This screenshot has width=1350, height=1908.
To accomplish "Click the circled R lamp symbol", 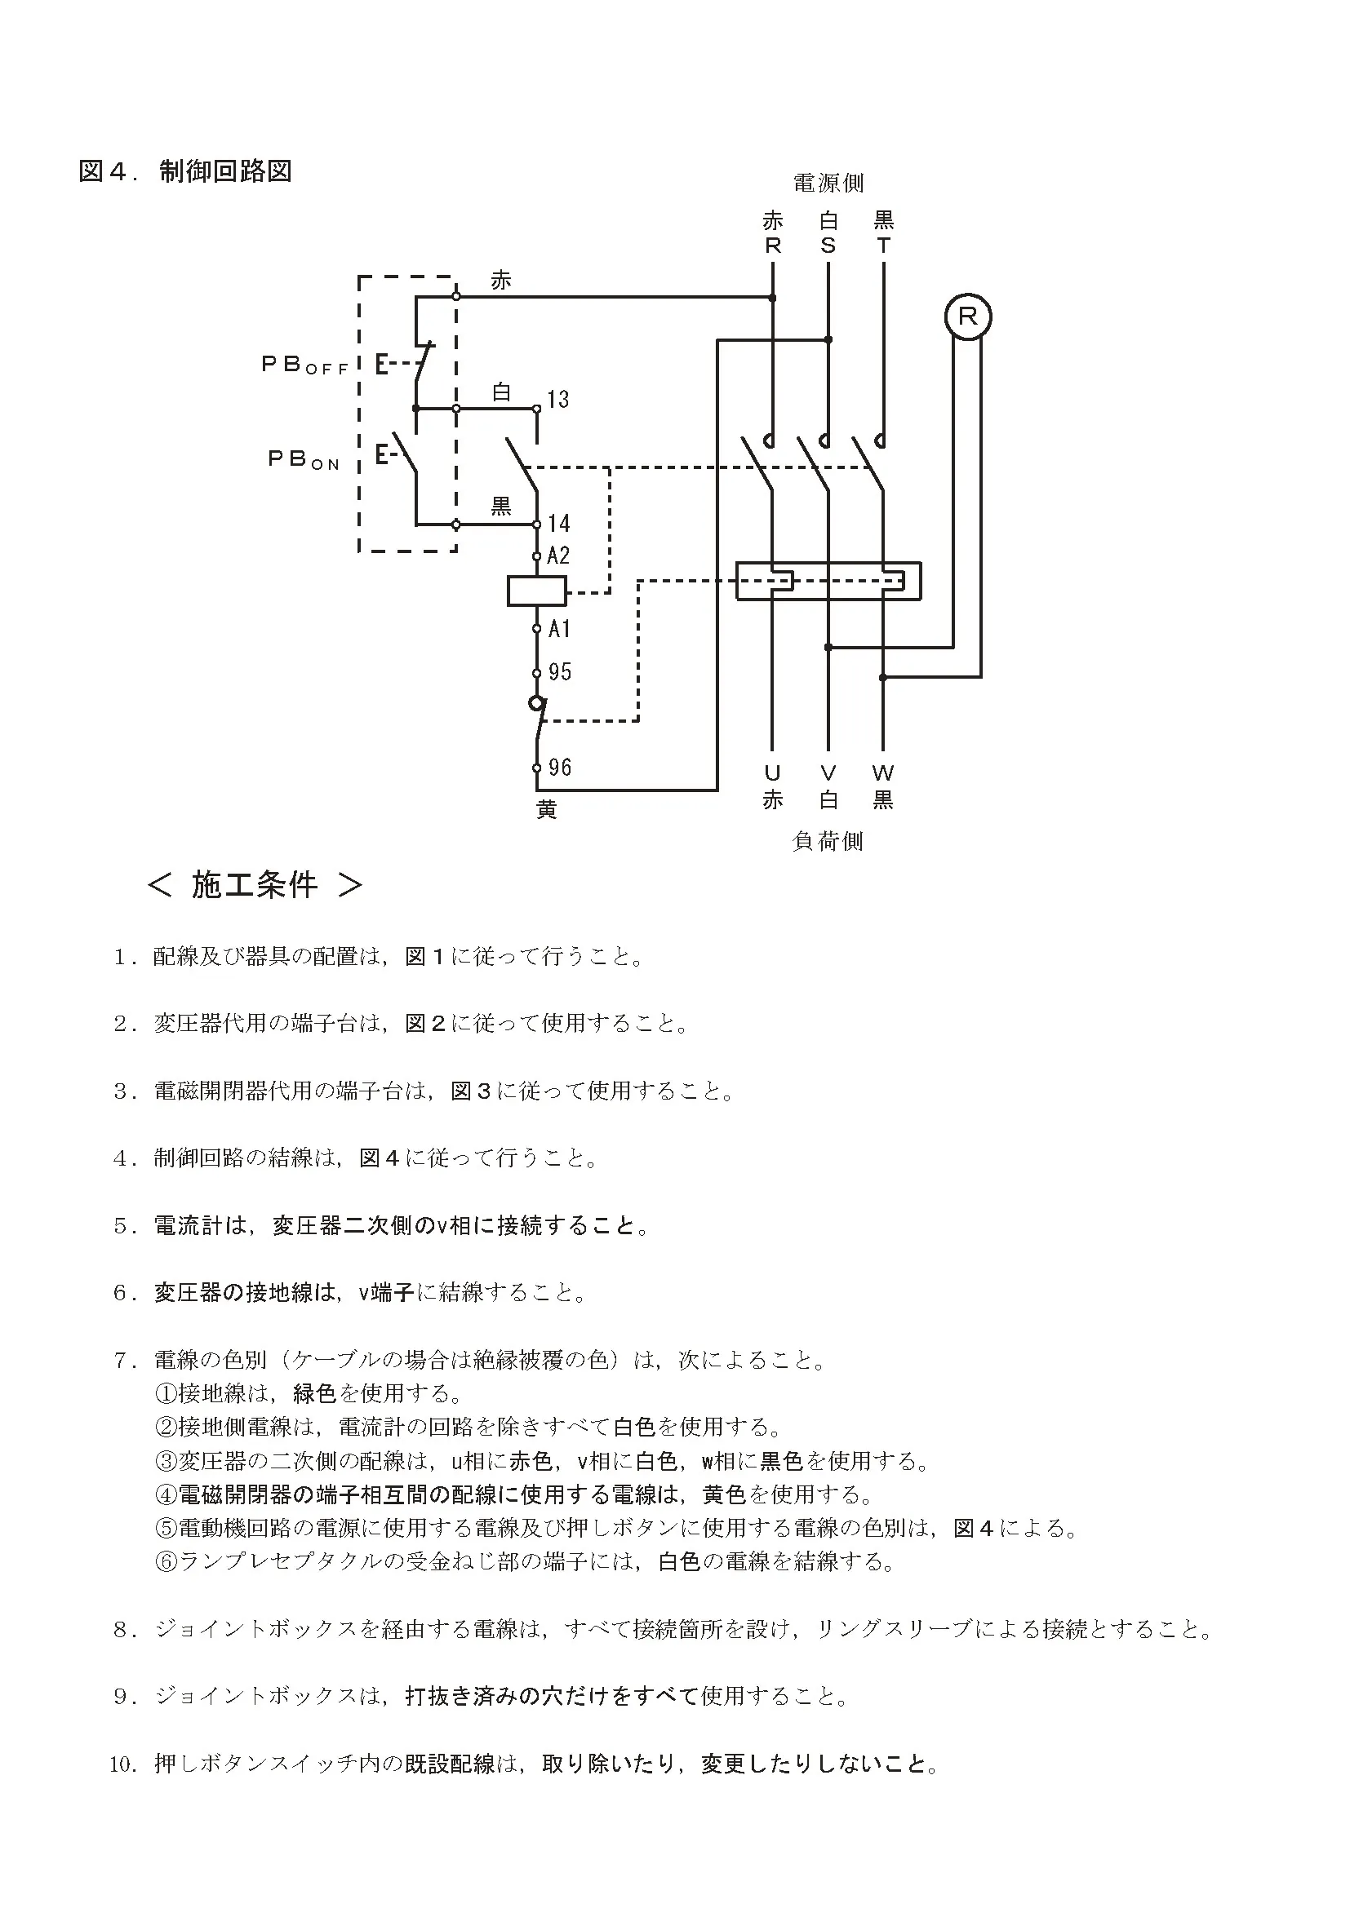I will (968, 317).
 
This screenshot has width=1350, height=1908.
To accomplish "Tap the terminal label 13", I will (557, 400).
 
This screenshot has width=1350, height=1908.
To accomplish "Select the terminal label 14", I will (558, 524).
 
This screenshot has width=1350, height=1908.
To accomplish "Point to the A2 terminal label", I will (558, 556).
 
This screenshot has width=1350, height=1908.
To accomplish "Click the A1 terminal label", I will (559, 628).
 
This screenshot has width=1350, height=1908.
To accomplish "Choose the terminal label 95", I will (559, 671).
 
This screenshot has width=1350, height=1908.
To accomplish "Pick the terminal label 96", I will (559, 767).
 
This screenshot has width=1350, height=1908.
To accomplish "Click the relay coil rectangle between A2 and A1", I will (536, 591).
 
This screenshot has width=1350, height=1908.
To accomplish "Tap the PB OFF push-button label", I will (304, 365).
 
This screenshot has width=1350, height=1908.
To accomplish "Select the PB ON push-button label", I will (304, 458).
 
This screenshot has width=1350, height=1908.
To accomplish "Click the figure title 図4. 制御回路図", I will (184, 171).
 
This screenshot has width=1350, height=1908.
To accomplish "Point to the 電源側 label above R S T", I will (828, 183).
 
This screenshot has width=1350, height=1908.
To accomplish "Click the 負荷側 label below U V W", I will (828, 841).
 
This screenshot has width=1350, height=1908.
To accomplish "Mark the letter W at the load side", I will (883, 773).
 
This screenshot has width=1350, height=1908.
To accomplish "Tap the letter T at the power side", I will (883, 246).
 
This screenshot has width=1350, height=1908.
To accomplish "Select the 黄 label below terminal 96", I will (546, 808).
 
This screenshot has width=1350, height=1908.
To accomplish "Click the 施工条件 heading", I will (255, 885).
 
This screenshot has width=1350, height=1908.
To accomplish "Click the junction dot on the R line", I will (772, 297).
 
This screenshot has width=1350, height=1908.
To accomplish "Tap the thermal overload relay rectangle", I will (828, 581).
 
